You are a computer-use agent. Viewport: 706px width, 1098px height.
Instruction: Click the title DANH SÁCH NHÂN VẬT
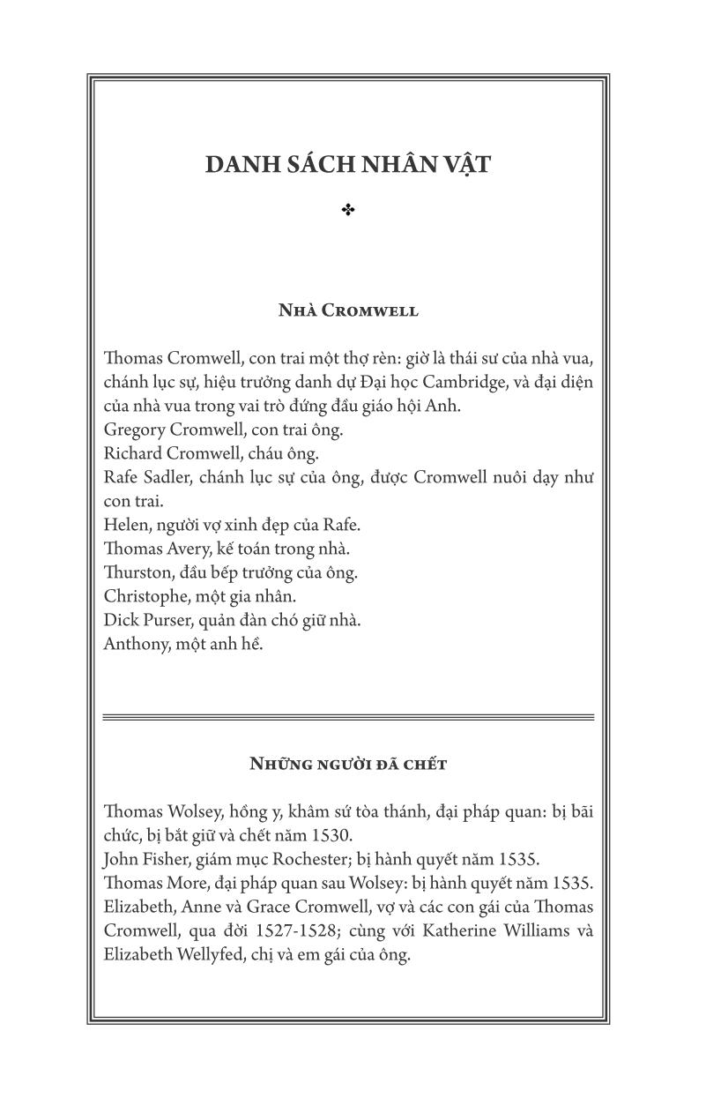pyautogui.click(x=348, y=165)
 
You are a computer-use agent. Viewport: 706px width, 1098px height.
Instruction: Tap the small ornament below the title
pyautogui.click(x=348, y=210)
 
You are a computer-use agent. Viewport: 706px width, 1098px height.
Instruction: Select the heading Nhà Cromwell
pyautogui.click(x=348, y=310)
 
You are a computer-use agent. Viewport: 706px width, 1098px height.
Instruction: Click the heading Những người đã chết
pyautogui.click(x=348, y=764)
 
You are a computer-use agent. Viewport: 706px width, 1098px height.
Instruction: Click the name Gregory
pyautogui.click(x=133, y=430)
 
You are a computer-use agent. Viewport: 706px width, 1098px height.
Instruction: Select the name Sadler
pyautogui.click(x=166, y=478)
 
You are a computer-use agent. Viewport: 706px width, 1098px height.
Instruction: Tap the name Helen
pyautogui.click(x=123, y=526)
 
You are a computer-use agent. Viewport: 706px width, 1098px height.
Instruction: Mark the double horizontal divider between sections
pyautogui.click(x=348, y=717)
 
